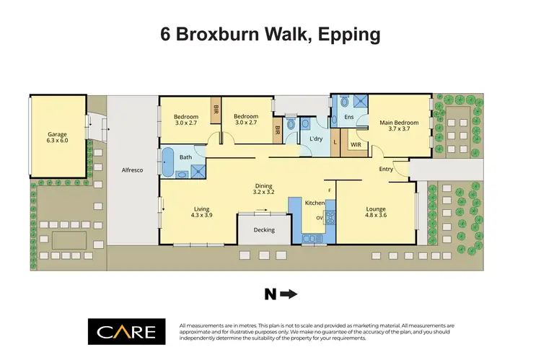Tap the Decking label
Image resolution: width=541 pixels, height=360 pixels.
(x=264, y=230)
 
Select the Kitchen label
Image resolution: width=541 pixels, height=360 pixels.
(x=315, y=203)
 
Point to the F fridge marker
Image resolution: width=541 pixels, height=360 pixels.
(x=330, y=190)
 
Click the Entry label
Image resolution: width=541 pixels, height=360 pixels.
(x=387, y=169)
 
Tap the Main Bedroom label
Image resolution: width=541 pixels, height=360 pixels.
(x=399, y=122)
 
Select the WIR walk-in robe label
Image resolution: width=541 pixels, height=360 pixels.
(x=356, y=144)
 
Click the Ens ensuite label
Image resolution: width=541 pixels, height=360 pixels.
(x=349, y=117)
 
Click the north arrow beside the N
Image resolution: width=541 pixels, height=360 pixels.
(x=288, y=294)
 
